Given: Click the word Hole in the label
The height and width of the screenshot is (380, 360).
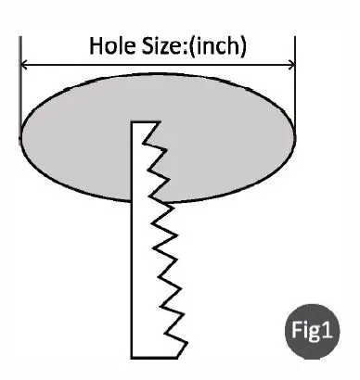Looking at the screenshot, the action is [109, 45].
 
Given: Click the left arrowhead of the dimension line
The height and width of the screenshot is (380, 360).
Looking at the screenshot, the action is [25, 65].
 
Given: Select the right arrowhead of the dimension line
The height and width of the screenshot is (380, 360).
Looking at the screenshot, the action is [290, 65].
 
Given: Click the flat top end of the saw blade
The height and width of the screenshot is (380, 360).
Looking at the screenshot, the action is [145, 122].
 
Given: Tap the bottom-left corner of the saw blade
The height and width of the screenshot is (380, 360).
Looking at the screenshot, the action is [133, 358].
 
